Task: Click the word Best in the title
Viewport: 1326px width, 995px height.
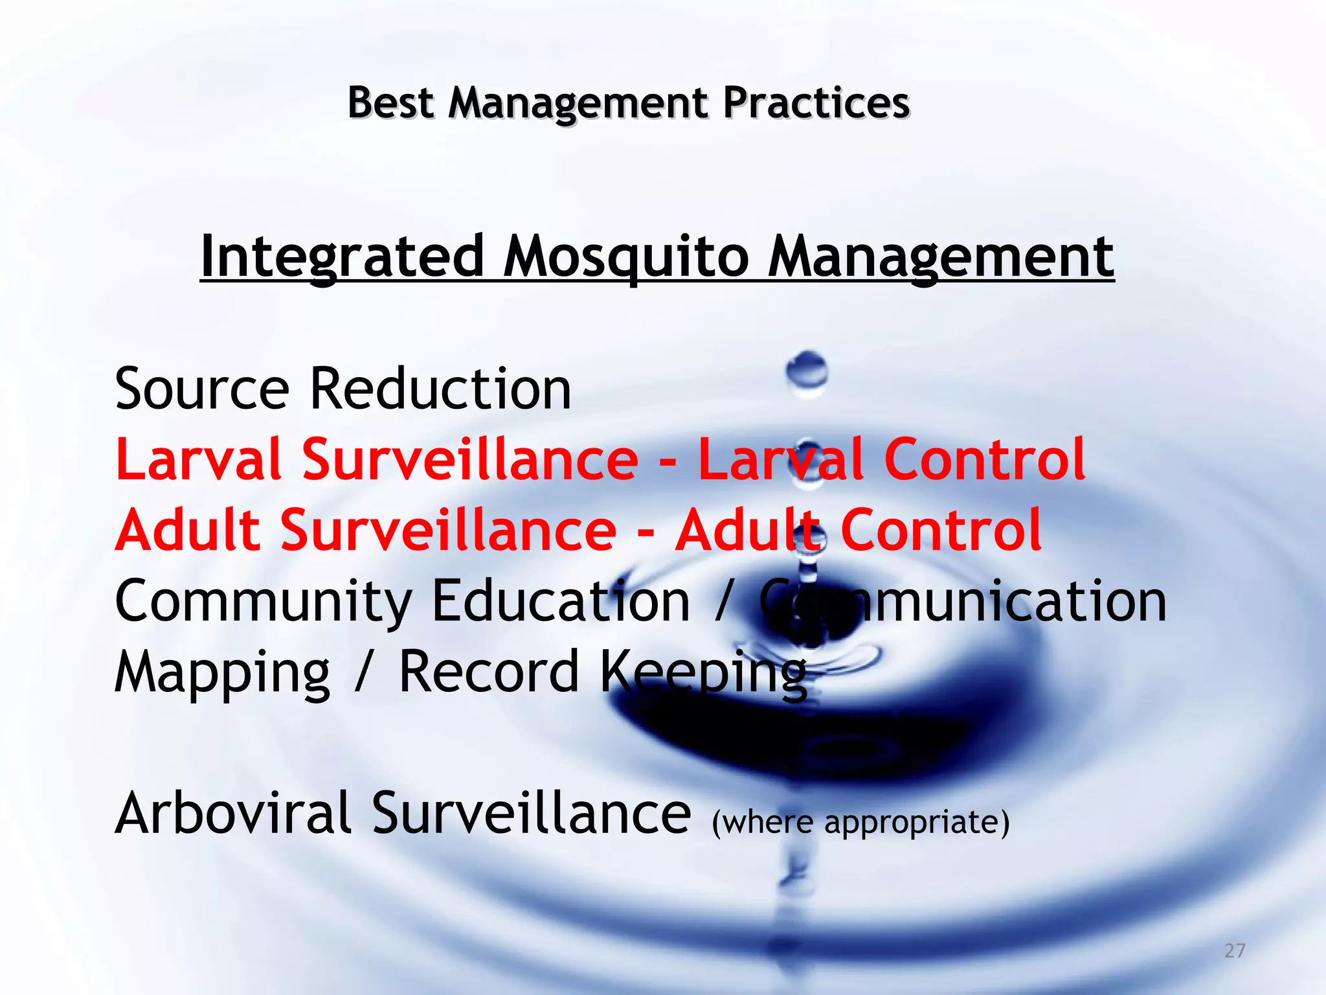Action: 390,103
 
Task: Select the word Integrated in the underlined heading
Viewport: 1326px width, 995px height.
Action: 343,257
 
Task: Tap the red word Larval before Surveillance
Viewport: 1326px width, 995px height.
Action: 198,459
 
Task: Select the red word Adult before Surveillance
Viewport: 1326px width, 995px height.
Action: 188,530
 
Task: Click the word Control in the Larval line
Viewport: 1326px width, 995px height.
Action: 984,459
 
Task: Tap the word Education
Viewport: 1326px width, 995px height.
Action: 561,601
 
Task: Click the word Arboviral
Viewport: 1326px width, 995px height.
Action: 233,814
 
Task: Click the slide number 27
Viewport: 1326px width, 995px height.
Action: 1235,950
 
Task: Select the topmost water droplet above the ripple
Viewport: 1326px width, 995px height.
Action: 807,371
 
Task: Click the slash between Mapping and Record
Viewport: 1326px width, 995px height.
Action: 364,672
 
